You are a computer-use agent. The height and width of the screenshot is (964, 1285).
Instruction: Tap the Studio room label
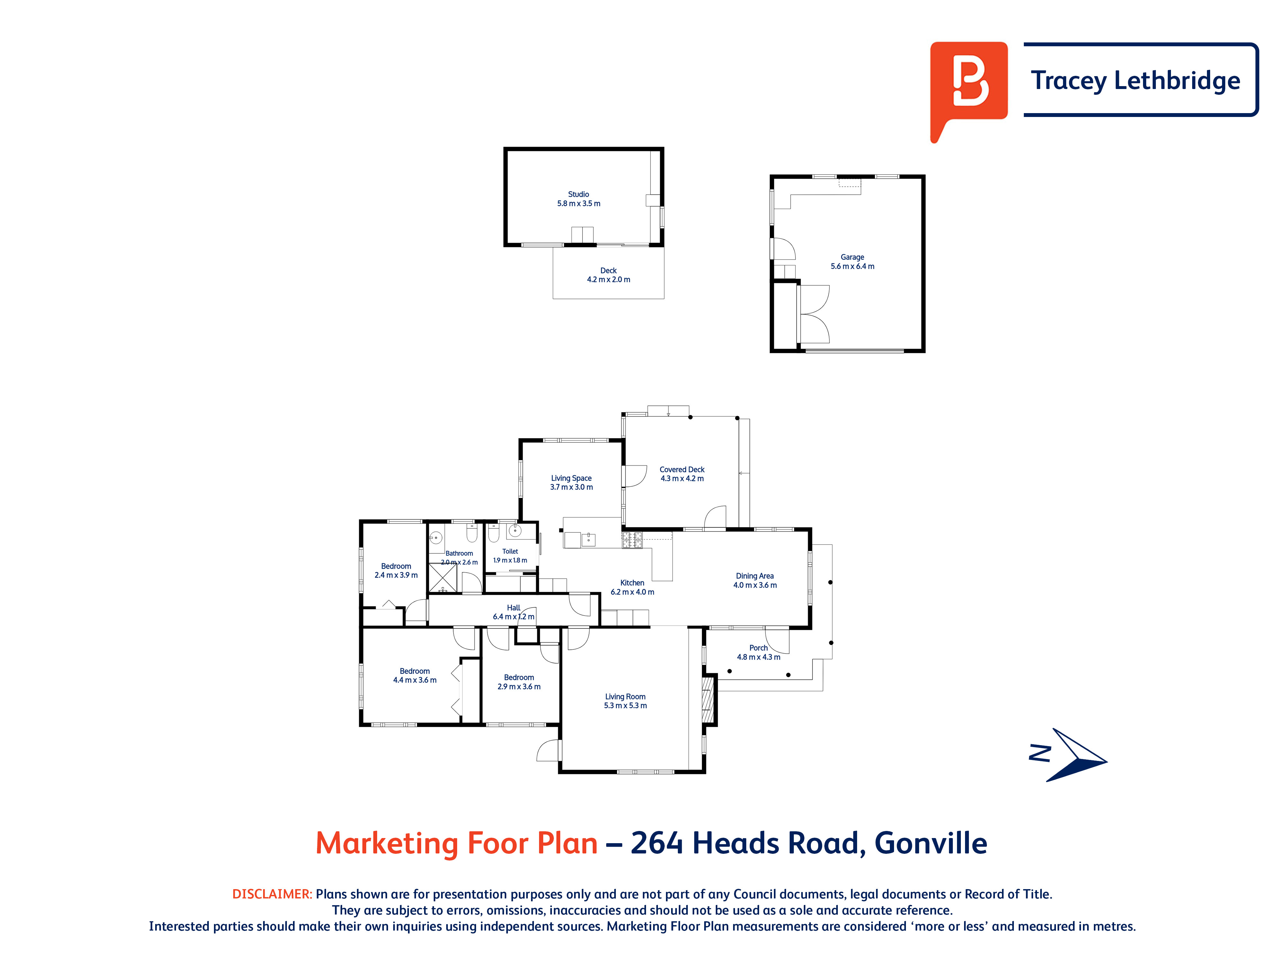(x=579, y=199)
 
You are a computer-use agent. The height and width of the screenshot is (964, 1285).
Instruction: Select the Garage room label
(x=852, y=262)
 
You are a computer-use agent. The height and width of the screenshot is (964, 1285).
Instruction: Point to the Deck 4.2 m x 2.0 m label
(x=608, y=275)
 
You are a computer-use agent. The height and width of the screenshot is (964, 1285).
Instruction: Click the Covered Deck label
(x=682, y=474)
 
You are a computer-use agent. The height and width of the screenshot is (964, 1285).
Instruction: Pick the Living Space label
(x=572, y=482)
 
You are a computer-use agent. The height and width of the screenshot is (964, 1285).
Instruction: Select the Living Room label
(x=625, y=701)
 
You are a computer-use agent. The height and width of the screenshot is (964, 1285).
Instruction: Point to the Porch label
(x=759, y=652)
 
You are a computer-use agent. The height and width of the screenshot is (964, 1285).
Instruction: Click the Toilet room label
(x=510, y=556)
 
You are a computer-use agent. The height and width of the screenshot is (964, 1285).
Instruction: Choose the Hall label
(x=514, y=612)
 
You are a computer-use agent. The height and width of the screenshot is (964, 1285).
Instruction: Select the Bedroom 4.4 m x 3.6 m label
(x=415, y=675)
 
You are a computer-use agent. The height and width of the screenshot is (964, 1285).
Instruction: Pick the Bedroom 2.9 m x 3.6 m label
(x=519, y=682)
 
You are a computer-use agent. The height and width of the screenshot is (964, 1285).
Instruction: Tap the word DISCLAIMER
(x=272, y=894)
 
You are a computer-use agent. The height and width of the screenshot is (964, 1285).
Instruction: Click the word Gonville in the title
(x=931, y=843)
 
